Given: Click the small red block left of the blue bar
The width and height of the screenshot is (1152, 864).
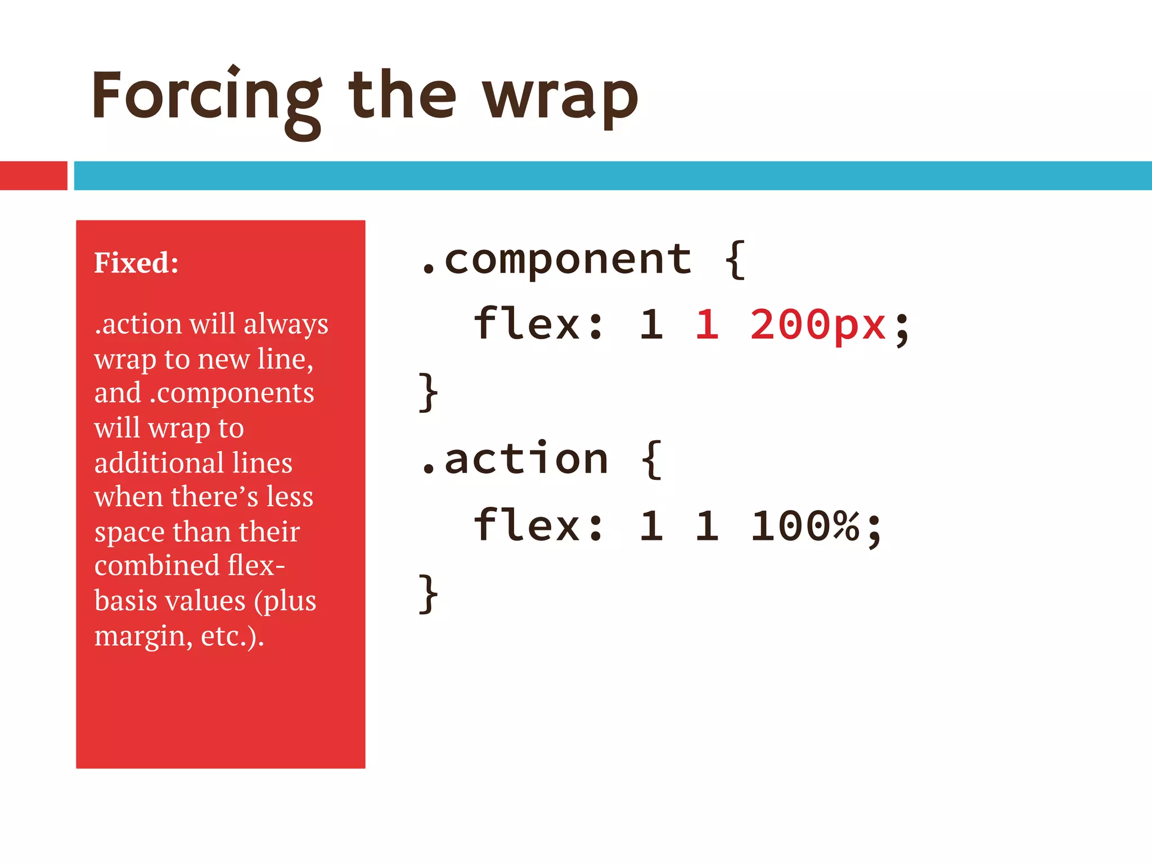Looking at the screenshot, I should [x=33, y=175].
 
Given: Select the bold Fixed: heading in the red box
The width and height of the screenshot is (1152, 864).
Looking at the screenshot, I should [x=136, y=263].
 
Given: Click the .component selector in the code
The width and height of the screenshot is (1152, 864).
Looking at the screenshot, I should [x=555, y=260].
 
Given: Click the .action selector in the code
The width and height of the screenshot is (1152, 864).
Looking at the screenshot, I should [x=514, y=459].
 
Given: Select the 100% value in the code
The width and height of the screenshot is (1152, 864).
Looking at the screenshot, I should [x=805, y=526].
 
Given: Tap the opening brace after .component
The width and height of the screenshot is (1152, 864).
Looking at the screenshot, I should [x=735, y=260].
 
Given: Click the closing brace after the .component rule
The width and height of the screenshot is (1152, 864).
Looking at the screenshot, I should [x=428, y=392].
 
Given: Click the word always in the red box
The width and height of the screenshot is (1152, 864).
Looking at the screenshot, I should [x=286, y=325].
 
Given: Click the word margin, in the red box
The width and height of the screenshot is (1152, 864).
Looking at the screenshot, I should [x=143, y=636].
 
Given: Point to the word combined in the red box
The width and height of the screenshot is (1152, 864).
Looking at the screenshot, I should [x=156, y=565].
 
